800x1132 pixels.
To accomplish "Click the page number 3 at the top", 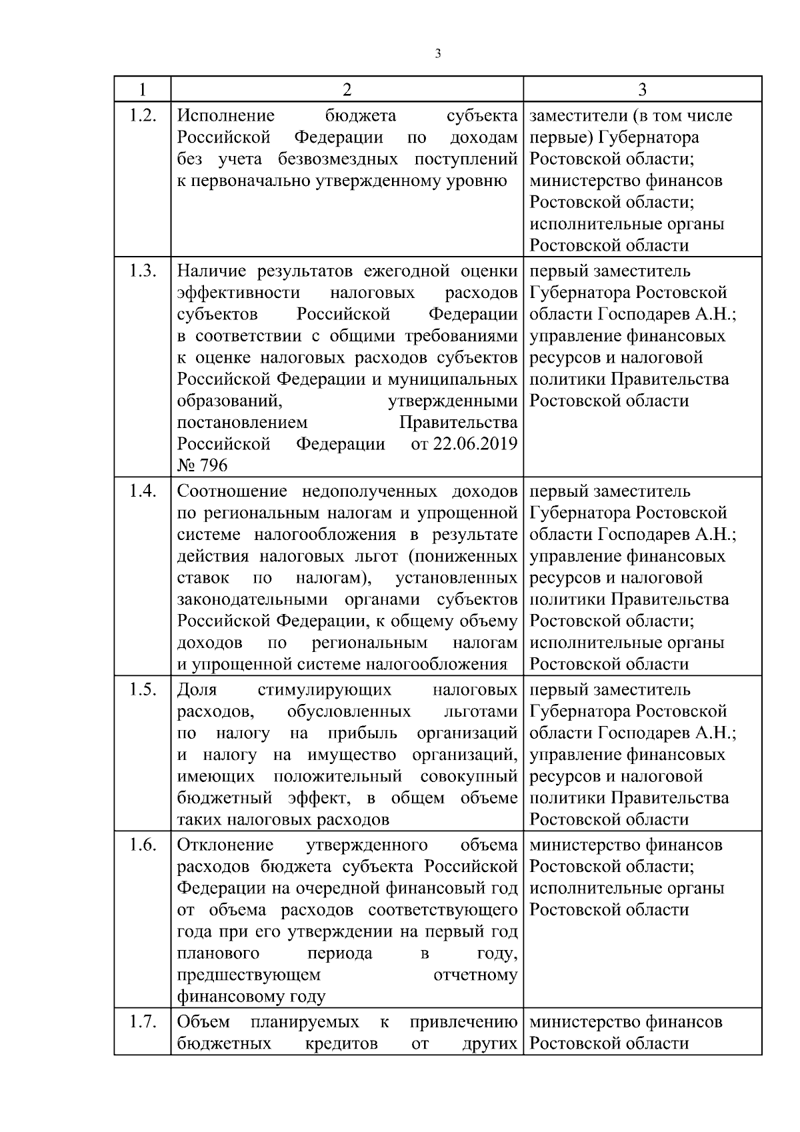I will pos(437,54).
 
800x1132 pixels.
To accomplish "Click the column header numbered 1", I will pos(142,89).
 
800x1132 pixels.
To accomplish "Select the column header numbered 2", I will pos(347,89).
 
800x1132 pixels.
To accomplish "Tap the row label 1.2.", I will pos(142,115).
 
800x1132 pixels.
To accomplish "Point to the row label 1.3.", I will pos(142,271).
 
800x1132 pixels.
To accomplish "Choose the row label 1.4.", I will pos(142,491).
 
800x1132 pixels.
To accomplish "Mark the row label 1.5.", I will pos(142,690).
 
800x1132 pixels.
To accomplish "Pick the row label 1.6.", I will pos(142,845).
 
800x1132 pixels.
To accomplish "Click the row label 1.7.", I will pos(142,1022).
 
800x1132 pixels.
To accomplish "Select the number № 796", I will pos(202,465).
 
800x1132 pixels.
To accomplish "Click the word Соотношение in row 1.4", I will pos(232,491).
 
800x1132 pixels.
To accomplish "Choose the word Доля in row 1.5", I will pos(197,690).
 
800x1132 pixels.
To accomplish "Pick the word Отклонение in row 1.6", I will pos(225,845).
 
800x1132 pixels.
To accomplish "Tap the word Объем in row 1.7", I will pos(203,1022).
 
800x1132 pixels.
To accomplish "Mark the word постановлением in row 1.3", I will pos(243,423).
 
